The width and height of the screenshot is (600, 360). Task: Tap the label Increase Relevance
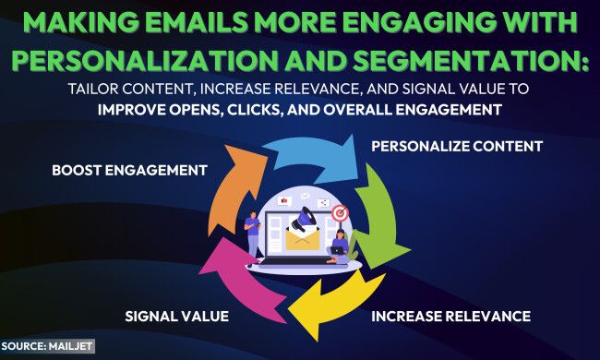click(x=450, y=317)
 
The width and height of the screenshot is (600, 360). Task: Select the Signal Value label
click(x=176, y=317)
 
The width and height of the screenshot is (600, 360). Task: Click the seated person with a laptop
click(x=339, y=248)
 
